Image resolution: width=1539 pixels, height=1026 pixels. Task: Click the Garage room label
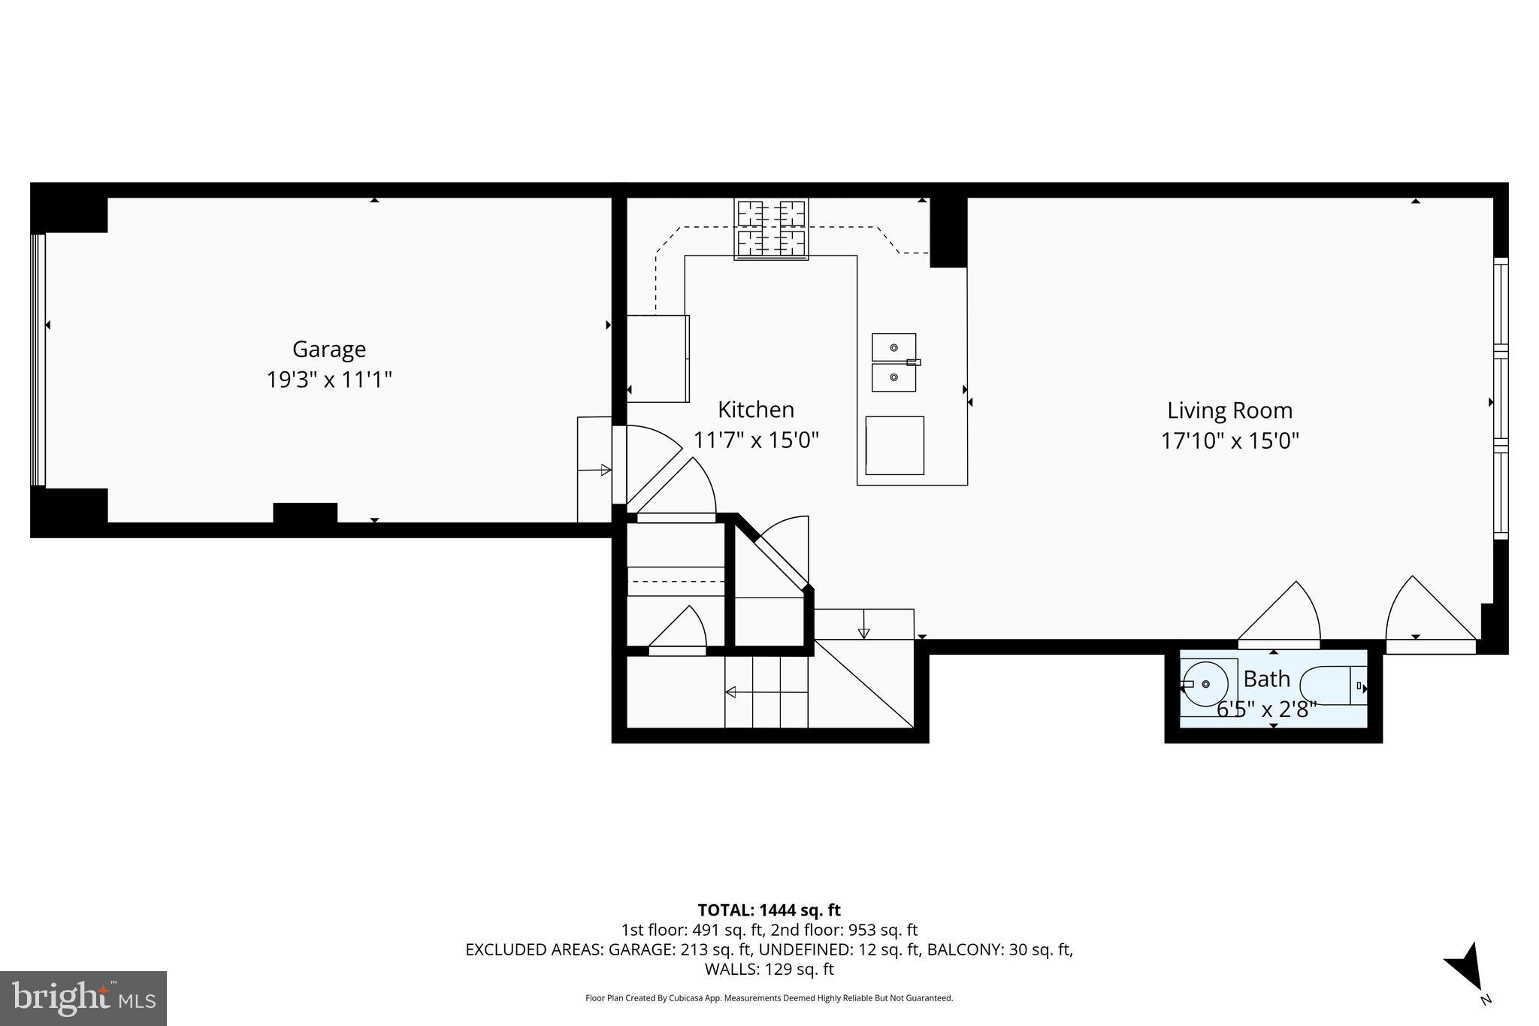click(x=328, y=350)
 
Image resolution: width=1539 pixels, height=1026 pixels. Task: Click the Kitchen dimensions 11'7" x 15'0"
click(x=755, y=440)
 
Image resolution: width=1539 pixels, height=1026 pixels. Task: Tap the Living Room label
click(x=1229, y=410)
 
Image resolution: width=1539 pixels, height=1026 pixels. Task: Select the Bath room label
click(x=1266, y=679)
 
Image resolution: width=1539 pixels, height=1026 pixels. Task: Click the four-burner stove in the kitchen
click(x=771, y=229)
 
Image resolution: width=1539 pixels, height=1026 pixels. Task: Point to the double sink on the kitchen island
click(x=894, y=362)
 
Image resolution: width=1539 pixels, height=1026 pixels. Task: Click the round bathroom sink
click(x=1205, y=684)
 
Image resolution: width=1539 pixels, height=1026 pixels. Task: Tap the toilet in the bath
click(x=1334, y=686)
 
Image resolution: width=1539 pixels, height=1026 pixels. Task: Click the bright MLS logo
click(x=83, y=998)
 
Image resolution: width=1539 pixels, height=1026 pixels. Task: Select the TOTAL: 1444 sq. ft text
click(x=769, y=910)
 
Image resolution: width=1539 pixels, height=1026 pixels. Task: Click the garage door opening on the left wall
click(x=38, y=360)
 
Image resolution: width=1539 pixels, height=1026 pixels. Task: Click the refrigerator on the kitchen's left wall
click(x=658, y=358)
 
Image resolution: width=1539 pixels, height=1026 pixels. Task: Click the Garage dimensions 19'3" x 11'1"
click(x=328, y=380)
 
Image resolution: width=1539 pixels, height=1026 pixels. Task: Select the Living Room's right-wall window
click(x=1500, y=398)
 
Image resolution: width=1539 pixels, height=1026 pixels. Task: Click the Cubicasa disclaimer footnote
click(x=769, y=998)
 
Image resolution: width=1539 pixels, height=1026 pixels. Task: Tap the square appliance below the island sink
click(x=894, y=445)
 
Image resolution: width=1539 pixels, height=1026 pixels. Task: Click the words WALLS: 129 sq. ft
click(x=769, y=969)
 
